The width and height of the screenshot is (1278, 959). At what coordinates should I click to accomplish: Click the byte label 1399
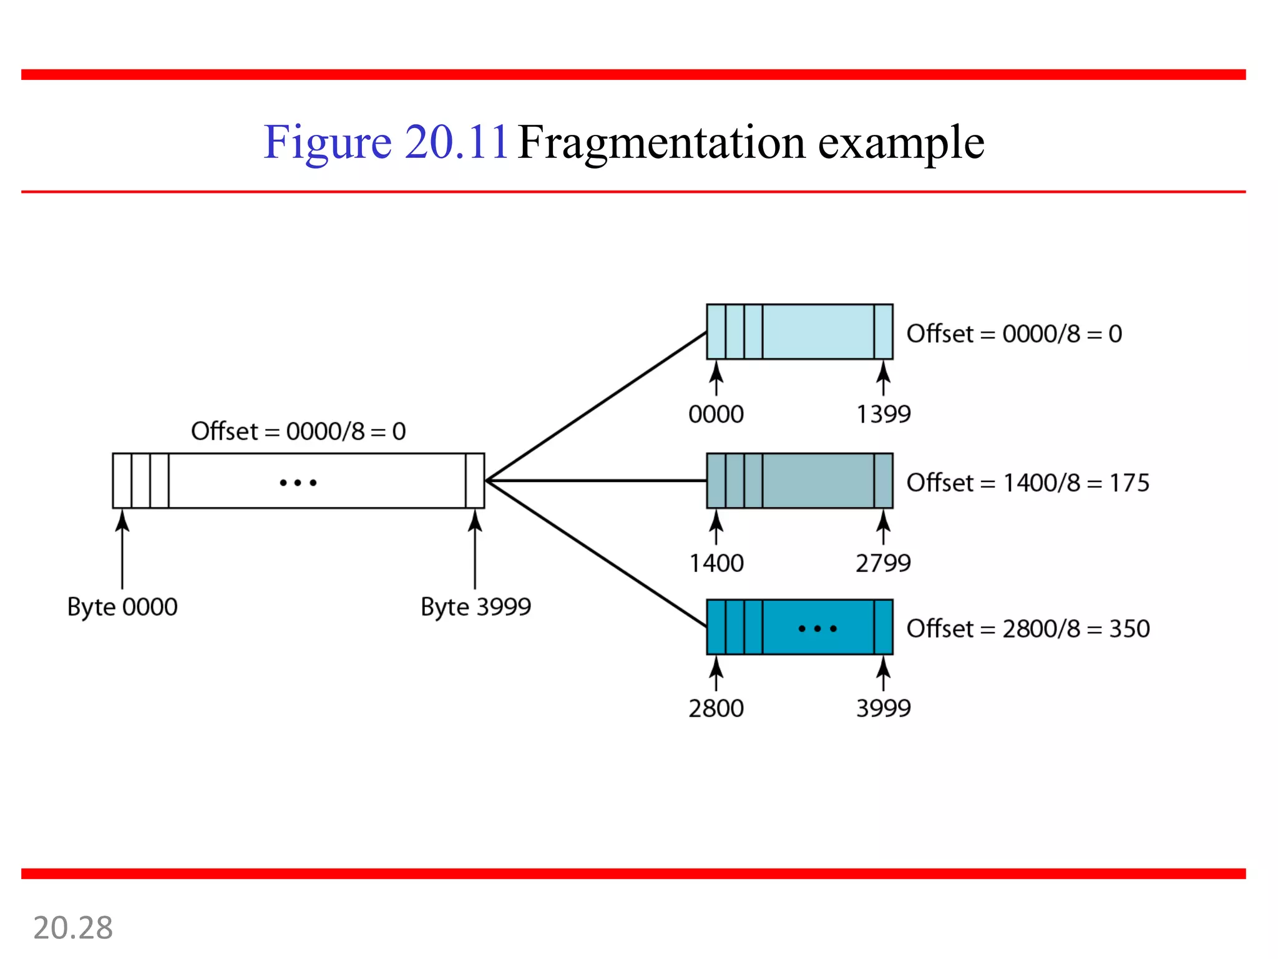pyautogui.click(x=883, y=415)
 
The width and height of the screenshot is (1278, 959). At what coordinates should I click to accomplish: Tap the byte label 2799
pyautogui.click(x=883, y=563)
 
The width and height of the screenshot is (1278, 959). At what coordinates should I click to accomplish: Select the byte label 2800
pyautogui.click(x=716, y=709)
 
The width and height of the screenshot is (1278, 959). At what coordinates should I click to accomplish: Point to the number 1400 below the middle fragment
pyautogui.click(x=716, y=563)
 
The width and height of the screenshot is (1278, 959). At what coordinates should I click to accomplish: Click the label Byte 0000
pyautogui.click(x=122, y=607)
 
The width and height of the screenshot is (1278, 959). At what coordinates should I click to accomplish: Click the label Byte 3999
pyautogui.click(x=476, y=607)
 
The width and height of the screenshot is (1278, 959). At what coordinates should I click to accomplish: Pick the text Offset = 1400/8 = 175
pyautogui.click(x=1027, y=483)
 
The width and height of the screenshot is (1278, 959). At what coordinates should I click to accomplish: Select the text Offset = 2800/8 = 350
pyautogui.click(x=1027, y=629)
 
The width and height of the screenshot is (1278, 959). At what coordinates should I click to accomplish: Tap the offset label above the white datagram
pyautogui.click(x=298, y=431)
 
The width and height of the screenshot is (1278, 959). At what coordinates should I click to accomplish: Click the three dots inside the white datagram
pyautogui.click(x=298, y=483)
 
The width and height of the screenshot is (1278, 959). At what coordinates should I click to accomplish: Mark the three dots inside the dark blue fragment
pyautogui.click(x=817, y=629)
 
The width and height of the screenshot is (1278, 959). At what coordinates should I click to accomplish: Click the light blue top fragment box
pyautogui.click(x=817, y=332)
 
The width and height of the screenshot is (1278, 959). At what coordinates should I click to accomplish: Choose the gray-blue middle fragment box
pyautogui.click(x=817, y=481)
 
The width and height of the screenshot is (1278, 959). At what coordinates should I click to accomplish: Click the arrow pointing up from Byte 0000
pyautogui.click(x=122, y=549)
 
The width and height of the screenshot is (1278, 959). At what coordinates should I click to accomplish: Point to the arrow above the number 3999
pyautogui.click(x=883, y=674)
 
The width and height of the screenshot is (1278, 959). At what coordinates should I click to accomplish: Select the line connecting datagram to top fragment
pyautogui.click(x=596, y=406)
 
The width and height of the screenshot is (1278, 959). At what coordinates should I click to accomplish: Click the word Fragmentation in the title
pyautogui.click(x=661, y=143)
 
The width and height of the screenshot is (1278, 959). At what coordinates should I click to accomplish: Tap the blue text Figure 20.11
pyautogui.click(x=386, y=143)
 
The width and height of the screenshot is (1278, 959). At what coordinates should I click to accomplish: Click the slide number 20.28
pyautogui.click(x=73, y=928)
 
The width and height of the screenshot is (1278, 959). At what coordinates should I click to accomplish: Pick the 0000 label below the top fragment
pyautogui.click(x=716, y=415)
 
